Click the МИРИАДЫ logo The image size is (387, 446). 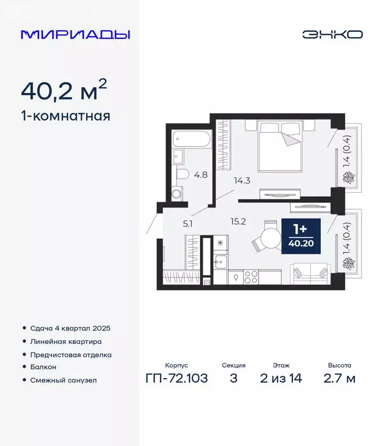coord(75,34)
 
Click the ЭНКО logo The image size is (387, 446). coord(332,34)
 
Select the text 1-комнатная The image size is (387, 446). coord(65,116)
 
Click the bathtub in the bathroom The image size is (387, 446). coord(191,140)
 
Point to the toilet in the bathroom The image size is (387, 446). coord(182,174)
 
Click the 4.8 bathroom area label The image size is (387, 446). coord(200,174)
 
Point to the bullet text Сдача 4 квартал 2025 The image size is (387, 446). coord(69,328)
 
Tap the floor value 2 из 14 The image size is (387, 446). coord(281,379)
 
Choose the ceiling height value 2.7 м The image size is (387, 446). coord(339,379)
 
